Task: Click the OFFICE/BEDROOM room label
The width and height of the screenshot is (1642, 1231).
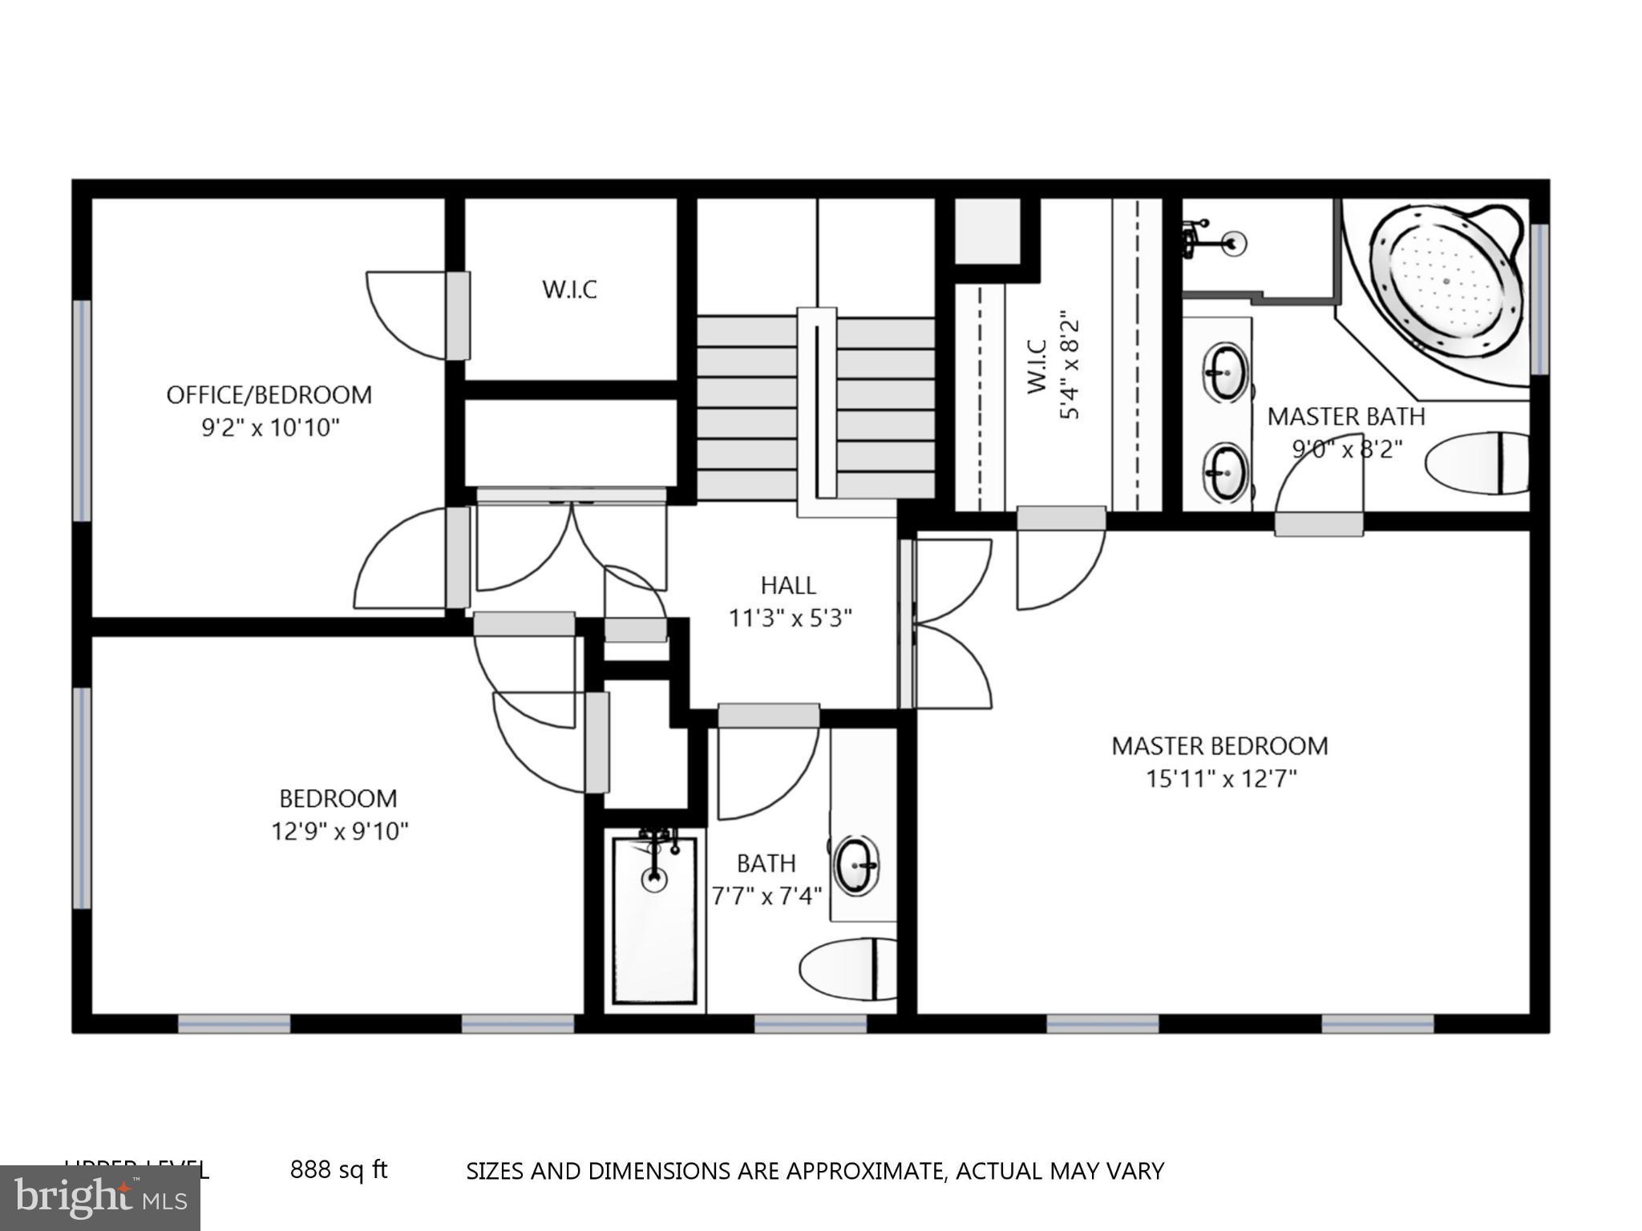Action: click(269, 394)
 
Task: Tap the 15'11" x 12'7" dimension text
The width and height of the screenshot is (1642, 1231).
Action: click(1220, 778)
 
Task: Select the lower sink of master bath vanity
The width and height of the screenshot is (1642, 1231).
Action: click(1225, 473)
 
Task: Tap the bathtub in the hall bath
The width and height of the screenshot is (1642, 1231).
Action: click(654, 920)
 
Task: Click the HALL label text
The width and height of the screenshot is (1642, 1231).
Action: click(788, 585)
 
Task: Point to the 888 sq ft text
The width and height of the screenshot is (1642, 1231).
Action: click(338, 1170)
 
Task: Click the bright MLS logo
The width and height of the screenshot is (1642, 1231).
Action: click(99, 1197)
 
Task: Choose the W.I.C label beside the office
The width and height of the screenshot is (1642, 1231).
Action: click(569, 289)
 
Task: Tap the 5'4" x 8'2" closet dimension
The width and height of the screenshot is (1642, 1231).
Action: click(1070, 366)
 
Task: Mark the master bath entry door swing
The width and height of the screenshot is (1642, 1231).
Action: click(1316, 489)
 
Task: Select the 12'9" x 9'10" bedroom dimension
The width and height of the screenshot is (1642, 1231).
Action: click(339, 831)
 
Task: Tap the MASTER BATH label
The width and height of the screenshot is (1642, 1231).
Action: click(1345, 417)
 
